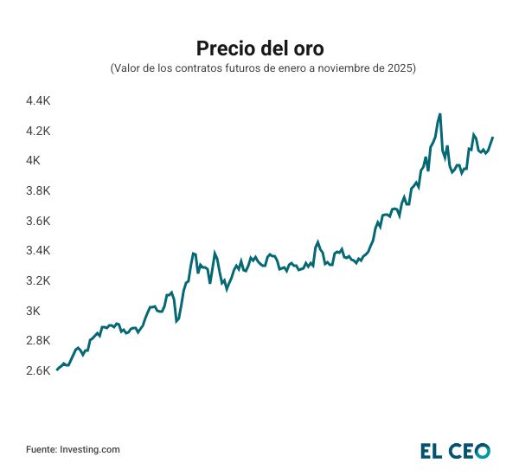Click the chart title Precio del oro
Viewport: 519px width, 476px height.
259,47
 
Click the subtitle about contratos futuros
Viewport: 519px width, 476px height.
259,68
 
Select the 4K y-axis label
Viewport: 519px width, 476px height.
34,161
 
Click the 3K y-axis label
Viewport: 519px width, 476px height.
34,311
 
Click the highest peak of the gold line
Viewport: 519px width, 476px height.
440,113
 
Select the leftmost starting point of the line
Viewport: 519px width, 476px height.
57,370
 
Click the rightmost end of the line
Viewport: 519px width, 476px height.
493,138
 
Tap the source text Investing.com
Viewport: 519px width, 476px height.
88,449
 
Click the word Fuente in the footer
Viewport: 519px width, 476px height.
40,449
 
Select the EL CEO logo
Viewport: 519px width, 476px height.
455,450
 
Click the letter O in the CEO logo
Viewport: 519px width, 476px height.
481,450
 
